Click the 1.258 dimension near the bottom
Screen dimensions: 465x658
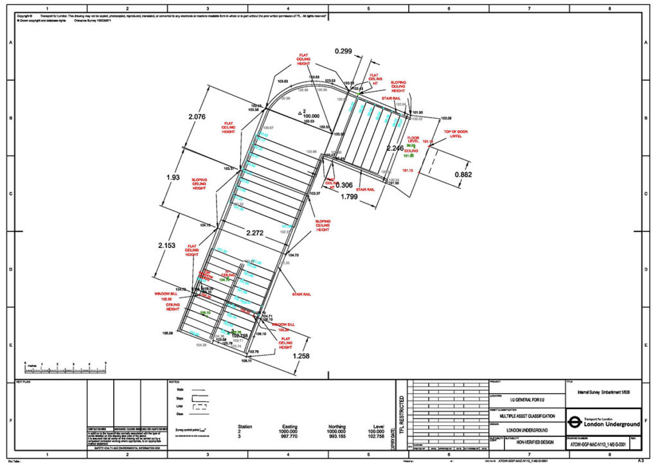[x=305, y=356]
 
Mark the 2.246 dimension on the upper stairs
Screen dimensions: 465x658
[x=395, y=148]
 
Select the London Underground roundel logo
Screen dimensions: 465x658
[x=575, y=423]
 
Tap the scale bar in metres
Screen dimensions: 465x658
[x=65, y=367]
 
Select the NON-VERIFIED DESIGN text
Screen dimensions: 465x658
[x=530, y=443]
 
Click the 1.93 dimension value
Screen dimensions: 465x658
[x=172, y=177]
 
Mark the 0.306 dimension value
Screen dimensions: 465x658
[x=344, y=185]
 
